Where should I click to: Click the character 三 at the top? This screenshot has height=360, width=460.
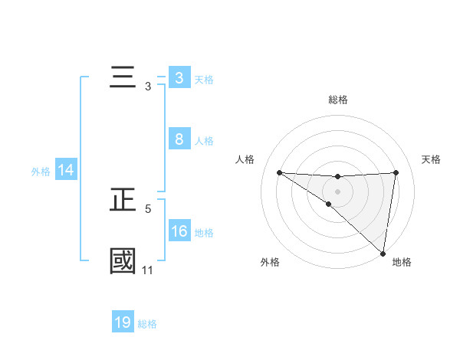click(x=123, y=79)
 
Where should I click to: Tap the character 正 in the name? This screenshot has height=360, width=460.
click(x=123, y=201)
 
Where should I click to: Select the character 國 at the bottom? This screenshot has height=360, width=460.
click(x=123, y=261)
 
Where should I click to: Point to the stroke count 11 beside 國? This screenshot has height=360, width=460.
click(x=147, y=270)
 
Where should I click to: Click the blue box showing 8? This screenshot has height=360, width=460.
click(x=179, y=139)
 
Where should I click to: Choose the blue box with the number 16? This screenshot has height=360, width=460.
click(x=179, y=231)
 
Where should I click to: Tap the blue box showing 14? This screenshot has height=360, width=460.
click(x=66, y=171)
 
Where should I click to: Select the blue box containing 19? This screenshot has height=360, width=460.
click(x=123, y=322)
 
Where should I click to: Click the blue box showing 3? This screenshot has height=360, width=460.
click(x=179, y=78)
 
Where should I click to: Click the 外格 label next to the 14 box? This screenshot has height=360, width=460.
click(x=41, y=172)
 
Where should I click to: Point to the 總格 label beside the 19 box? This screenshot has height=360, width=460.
click(x=147, y=324)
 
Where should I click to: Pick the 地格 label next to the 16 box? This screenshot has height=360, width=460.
click(x=204, y=233)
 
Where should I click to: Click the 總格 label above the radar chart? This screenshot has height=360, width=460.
click(x=338, y=100)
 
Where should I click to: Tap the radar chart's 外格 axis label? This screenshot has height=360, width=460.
click(x=270, y=262)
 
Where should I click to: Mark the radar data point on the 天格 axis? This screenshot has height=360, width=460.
click(x=396, y=172)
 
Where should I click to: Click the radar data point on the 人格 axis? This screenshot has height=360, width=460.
click(x=279, y=172)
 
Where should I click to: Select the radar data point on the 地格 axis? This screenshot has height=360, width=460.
click(x=383, y=253)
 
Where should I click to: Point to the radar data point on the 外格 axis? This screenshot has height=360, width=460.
click(x=329, y=204)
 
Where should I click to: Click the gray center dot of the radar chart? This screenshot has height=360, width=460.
click(x=338, y=191)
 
